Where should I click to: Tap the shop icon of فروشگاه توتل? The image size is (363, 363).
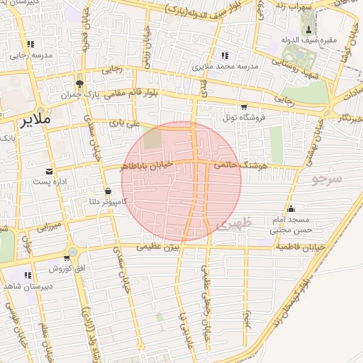pyautogui.click(x=244, y=106)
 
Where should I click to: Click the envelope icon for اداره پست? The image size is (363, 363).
pyautogui.click(x=49, y=172)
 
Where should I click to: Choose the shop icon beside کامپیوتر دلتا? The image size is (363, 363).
pyautogui.click(x=108, y=191)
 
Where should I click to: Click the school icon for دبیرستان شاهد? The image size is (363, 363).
pyautogui.click(x=28, y=275)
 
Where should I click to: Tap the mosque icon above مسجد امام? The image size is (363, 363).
pyautogui.click(x=291, y=208)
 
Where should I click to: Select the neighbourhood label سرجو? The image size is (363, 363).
pyautogui.click(x=326, y=180)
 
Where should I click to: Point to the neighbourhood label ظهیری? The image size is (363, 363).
pyautogui.click(x=230, y=225)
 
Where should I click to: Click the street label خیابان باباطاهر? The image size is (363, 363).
pyautogui.click(x=146, y=166)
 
